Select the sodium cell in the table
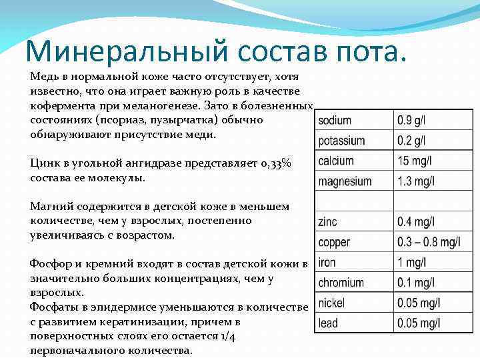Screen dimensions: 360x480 click(x=335, y=121)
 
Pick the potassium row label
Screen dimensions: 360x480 click(x=341, y=141)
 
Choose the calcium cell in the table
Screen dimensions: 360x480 click(x=336, y=161)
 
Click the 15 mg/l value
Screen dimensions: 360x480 click(x=416, y=161)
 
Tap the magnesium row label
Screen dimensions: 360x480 click(x=345, y=181)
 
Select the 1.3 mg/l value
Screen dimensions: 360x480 click(x=416, y=181)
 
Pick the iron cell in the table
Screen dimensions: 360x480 click(x=327, y=262)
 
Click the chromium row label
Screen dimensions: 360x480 click(x=341, y=283)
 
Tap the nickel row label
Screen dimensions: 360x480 click(x=331, y=303)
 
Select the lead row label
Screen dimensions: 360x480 click(x=328, y=323)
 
